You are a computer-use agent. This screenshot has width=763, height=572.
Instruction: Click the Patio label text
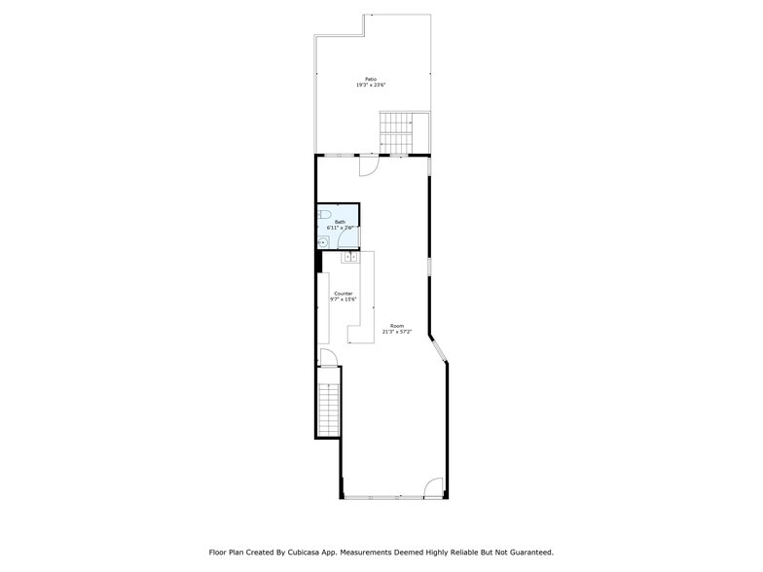coord(370,79)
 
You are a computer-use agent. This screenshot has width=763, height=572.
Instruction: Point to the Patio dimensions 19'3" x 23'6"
coord(370,86)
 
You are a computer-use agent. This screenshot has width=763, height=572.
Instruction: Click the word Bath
coord(340,222)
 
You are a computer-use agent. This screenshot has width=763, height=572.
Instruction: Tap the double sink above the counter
coord(351,258)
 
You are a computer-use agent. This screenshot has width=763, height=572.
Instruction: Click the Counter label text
coord(344,293)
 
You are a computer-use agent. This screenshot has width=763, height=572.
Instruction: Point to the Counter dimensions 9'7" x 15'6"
coord(344,300)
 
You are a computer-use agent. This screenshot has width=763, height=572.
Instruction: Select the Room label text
coord(397,325)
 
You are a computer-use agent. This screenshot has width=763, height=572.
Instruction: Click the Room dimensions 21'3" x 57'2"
coord(397,332)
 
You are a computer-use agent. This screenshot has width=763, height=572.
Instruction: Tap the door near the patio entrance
coord(369,166)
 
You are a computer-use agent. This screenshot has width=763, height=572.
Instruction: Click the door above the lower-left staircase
coord(329,357)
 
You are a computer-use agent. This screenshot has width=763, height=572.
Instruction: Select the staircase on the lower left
coord(329,409)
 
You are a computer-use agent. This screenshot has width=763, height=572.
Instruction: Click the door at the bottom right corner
coord(435,488)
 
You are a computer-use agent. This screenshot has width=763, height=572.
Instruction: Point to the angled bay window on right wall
coord(437,350)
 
